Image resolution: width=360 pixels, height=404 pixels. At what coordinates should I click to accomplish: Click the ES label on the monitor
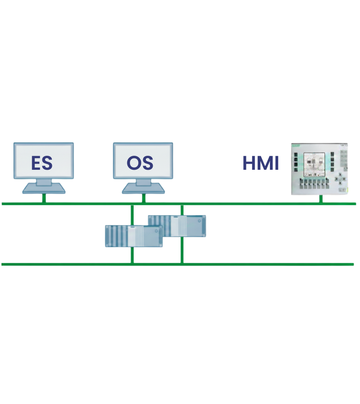pyautogui.click(x=42, y=163)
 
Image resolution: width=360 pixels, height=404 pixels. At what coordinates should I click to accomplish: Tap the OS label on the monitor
pyautogui.click(x=140, y=163)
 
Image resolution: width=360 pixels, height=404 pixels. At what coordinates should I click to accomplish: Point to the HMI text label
pyautogui.click(x=261, y=163)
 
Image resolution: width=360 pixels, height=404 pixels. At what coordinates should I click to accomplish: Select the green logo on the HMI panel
pyautogui.click(x=297, y=146)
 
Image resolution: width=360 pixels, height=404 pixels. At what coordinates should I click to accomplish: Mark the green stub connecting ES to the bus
pyautogui.click(x=44, y=198)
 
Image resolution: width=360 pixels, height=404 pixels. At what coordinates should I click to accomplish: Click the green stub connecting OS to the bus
pyautogui.click(x=144, y=198)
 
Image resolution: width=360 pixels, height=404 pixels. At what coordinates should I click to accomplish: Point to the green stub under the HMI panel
pyautogui.click(x=321, y=199)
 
